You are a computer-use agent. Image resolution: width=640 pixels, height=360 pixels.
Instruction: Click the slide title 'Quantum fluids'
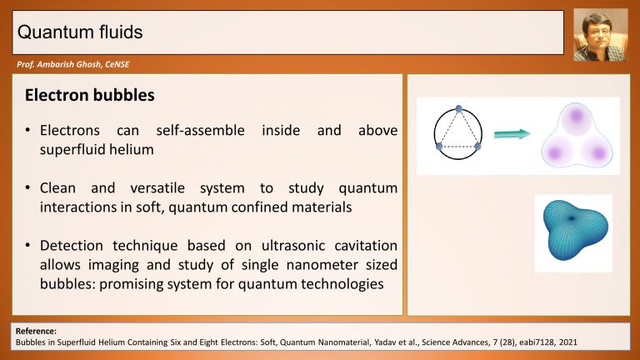pos(80,32)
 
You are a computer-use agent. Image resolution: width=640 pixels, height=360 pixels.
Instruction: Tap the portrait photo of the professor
pos(600,35)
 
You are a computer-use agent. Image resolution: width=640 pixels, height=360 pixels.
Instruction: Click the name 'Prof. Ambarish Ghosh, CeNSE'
pos(73,64)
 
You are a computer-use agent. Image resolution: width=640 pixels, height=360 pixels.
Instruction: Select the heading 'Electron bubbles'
pos(90,95)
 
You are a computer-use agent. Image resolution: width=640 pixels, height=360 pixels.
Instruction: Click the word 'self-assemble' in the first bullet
pos(200,130)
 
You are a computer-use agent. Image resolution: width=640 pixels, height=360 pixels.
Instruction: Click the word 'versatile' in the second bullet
pos(157,187)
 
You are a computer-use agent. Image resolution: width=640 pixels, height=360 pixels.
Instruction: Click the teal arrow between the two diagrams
pos(512,134)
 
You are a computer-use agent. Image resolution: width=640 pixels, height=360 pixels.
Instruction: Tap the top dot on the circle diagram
pos(459,109)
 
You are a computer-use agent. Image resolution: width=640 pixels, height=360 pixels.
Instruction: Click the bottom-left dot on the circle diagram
pos(439,146)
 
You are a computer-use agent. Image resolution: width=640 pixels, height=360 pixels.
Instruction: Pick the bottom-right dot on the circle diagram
pos(477,146)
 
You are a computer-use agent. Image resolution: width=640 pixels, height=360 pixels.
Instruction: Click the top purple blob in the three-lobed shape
pos(576,117)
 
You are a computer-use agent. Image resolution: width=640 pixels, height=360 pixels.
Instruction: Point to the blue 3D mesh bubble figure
pos(574,230)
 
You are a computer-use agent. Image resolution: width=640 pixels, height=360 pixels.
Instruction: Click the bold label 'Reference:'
pos(36,331)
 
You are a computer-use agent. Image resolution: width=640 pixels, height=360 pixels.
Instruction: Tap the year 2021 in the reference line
pos(568,342)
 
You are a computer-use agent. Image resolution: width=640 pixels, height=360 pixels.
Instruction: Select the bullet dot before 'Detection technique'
pos(27,246)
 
